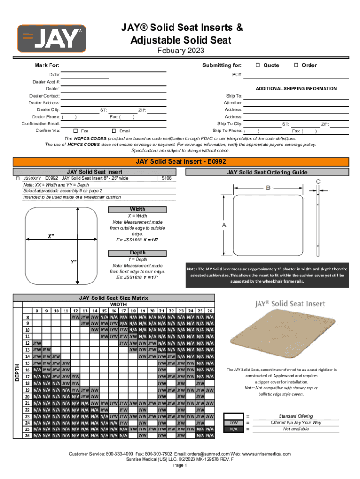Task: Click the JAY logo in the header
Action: click(x=51, y=38)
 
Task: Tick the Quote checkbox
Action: click(x=258, y=65)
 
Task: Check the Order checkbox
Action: click(x=296, y=65)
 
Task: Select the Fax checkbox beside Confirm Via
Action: click(x=76, y=131)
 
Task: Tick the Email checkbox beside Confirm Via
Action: click(x=113, y=131)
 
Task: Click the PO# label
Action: click(x=237, y=75)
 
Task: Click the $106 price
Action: click(x=166, y=178)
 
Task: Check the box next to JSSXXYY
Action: click(x=17, y=178)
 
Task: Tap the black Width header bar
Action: click(x=137, y=209)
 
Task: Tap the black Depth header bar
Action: click(x=137, y=253)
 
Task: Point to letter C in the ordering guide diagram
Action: click(x=318, y=181)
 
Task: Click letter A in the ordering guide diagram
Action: click(x=224, y=225)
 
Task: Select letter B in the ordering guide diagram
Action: click(x=268, y=188)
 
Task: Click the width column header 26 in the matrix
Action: click(x=210, y=311)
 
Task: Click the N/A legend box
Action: click(x=233, y=429)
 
